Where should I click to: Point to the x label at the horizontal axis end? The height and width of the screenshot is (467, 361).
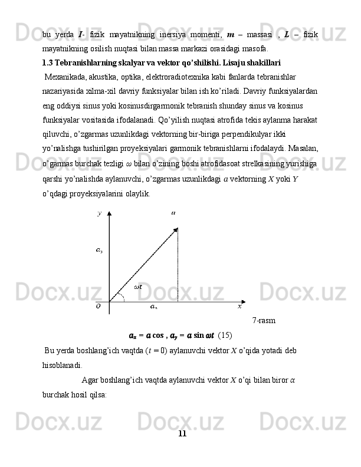point(239,305)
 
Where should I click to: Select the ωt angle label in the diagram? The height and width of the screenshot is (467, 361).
point(138,287)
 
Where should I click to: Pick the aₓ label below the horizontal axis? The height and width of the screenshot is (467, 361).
point(153,307)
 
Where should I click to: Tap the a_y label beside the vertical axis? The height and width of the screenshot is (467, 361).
point(99,250)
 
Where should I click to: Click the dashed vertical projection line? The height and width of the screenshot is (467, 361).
point(178,265)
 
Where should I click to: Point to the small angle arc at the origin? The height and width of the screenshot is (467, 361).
point(121,296)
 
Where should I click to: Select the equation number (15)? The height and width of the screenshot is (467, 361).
point(225,336)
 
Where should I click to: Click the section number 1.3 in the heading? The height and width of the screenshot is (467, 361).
point(48,62)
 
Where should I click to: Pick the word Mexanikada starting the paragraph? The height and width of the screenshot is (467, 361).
point(65,76)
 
